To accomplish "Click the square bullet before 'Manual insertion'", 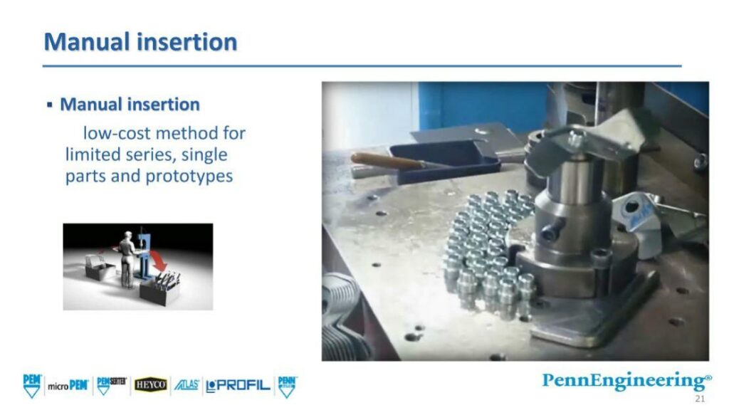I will (x=50, y=105).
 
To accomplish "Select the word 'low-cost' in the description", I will (x=113, y=133).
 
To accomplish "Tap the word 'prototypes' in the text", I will (x=189, y=176).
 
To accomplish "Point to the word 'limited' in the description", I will (x=92, y=154).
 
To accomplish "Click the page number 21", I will (x=700, y=398).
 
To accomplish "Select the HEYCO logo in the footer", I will (x=151, y=385).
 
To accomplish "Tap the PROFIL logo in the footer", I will (x=238, y=386).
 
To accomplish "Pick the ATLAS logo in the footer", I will (x=187, y=385).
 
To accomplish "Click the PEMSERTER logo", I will (x=112, y=384).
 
